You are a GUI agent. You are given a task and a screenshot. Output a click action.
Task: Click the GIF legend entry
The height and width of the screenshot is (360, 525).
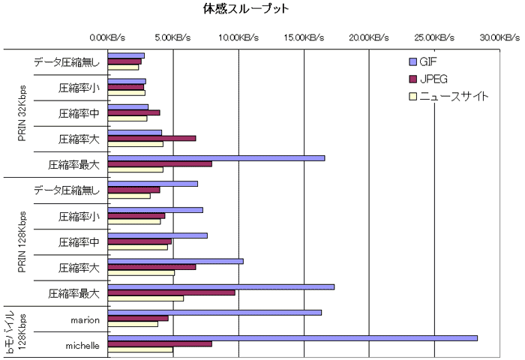(x=429, y=63)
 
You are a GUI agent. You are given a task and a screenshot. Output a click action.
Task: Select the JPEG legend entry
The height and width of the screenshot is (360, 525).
(x=433, y=79)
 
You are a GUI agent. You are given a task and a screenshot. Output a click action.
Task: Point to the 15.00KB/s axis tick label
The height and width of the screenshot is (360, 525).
(x=304, y=37)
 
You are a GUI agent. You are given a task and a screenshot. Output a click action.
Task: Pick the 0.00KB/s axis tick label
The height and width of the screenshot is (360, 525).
(x=108, y=37)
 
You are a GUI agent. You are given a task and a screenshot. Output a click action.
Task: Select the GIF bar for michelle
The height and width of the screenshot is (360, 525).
(x=292, y=338)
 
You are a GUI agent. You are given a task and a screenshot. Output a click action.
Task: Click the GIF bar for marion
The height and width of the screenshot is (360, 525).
(x=214, y=313)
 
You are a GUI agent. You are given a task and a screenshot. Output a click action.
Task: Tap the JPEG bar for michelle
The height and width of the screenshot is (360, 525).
(x=160, y=344)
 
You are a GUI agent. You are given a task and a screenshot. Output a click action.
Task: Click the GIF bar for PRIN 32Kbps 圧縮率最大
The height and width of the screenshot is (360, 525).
(x=216, y=157)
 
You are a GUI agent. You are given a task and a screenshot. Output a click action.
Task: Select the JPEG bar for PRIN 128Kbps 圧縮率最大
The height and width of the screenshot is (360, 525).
(x=172, y=292)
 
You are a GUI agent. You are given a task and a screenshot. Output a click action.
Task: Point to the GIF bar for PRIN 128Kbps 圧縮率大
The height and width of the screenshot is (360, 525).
(x=175, y=261)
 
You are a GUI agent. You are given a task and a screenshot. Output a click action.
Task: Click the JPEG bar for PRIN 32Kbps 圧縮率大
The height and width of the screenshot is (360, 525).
(x=152, y=138)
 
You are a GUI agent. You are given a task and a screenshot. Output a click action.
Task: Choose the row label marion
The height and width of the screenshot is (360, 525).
(x=85, y=319)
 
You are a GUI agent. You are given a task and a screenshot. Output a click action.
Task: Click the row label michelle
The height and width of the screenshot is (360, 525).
(x=82, y=345)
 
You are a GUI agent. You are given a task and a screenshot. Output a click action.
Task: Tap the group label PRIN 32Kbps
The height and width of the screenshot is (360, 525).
(x=22, y=112)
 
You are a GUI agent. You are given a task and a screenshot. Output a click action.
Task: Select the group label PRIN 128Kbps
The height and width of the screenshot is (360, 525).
(x=22, y=241)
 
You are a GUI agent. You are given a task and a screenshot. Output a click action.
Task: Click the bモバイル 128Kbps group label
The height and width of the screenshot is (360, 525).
(x=16, y=332)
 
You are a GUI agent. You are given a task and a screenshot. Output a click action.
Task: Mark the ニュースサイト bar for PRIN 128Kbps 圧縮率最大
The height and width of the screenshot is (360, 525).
(x=145, y=298)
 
